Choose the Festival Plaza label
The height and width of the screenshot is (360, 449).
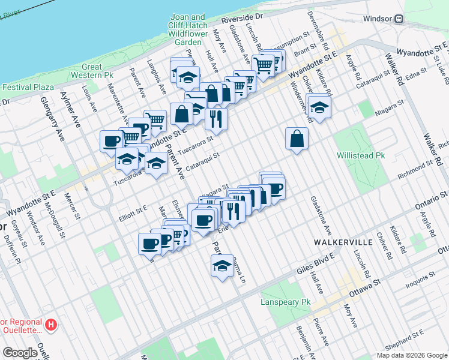click(28, 87)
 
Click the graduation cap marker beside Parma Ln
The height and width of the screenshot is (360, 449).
click(222, 265)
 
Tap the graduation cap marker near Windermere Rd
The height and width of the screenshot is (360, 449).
click(319, 106)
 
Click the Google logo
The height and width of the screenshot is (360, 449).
click(20, 353)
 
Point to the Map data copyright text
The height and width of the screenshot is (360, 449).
click(411, 355)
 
